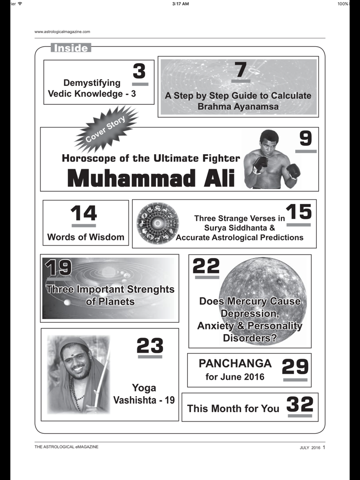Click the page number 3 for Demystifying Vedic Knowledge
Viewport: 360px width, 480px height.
point(139,71)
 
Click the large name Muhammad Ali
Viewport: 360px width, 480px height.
point(151,178)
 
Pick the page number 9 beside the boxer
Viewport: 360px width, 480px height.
point(305,139)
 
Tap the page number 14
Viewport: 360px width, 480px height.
point(83,213)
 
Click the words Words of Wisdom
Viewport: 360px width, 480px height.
point(85,237)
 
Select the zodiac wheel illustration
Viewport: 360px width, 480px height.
point(157,223)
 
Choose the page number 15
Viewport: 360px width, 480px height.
point(298,212)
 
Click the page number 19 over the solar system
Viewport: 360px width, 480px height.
point(58,268)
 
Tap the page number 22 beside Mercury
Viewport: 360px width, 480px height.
point(206,266)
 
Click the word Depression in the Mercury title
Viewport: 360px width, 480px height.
point(250,313)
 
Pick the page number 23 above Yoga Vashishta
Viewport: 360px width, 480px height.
point(150,345)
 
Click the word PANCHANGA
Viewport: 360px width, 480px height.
point(235,363)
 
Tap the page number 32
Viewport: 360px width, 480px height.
point(299,404)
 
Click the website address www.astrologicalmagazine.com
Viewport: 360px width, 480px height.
point(62,31)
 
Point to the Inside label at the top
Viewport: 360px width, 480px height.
point(71,48)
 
